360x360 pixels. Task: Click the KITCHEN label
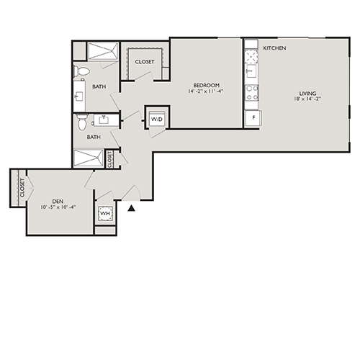(x=275, y=48)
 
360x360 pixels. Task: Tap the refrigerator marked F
(x=253, y=117)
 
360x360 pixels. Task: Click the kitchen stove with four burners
(x=252, y=92)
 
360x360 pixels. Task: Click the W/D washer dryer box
(x=157, y=119)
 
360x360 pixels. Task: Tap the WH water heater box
(x=105, y=214)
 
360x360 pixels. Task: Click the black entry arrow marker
(x=131, y=208)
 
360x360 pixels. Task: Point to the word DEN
(x=58, y=201)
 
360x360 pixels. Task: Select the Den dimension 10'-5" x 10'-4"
(x=58, y=207)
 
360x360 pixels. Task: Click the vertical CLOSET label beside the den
(x=23, y=188)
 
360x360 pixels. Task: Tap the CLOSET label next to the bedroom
(x=145, y=62)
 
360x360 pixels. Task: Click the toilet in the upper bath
(x=81, y=71)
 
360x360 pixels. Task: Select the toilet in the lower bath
(x=82, y=121)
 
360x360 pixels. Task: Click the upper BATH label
(x=99, y=87)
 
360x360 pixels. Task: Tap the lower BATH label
(x=94, y=137)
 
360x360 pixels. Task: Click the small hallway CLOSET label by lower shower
(x=109, y=158)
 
